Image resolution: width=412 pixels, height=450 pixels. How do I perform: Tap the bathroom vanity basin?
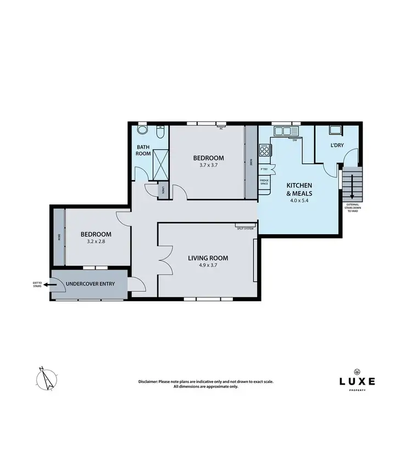coord(142,131)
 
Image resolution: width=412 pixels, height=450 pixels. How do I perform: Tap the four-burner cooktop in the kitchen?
coord(265,149)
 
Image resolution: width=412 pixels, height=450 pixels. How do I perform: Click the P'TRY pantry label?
coord(264,169)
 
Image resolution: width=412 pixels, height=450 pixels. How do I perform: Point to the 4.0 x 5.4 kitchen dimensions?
coord(299,201)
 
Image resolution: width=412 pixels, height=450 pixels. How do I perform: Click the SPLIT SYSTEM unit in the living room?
coord(246,226)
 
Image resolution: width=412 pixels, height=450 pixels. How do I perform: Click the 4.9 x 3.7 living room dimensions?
coord(208,265)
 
